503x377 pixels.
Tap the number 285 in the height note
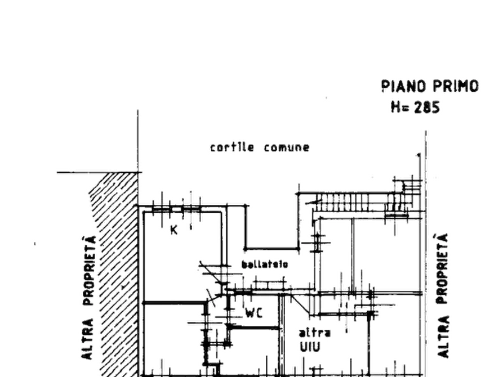[x=428, y=107]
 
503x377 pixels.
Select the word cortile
[x=232, y=148]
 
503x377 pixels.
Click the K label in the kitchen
[x=175, y=229]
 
